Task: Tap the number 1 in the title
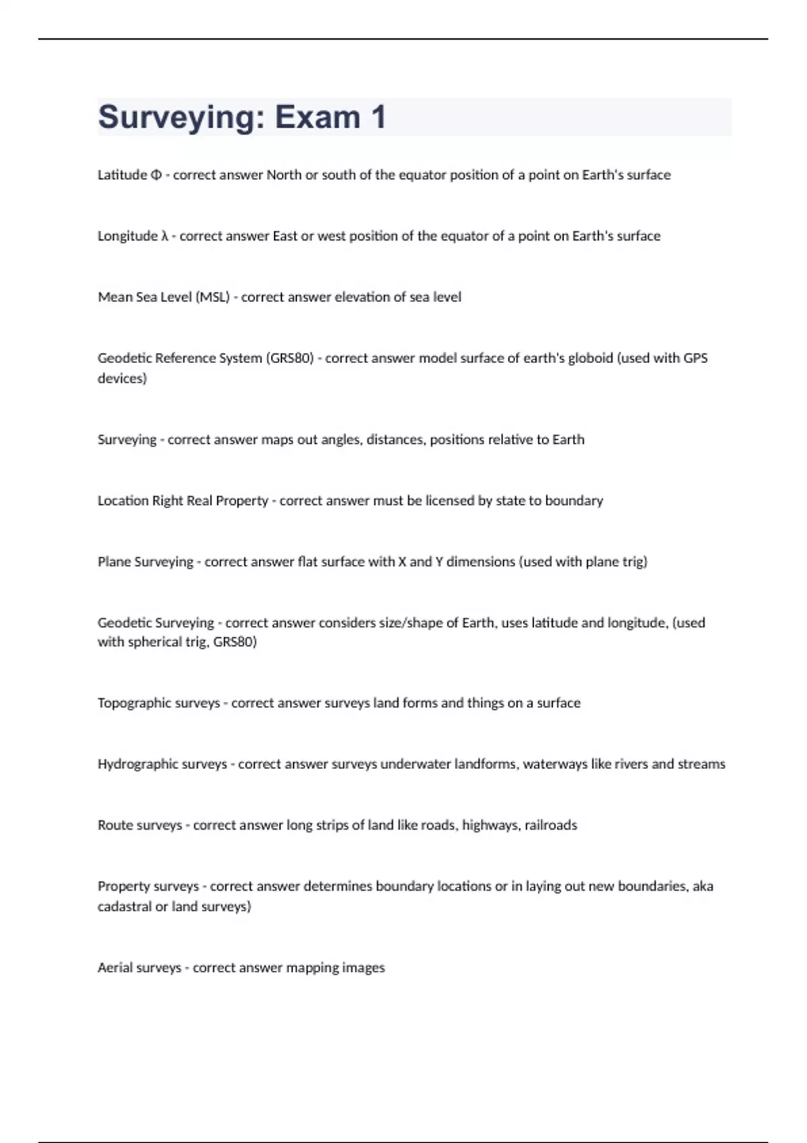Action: click(378, 117)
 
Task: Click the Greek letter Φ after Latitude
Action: click(156, 175)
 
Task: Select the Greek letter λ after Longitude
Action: click(165, 236)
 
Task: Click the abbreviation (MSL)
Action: click(213, 297)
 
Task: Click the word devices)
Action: click(122, 379)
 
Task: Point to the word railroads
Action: click(551, 826)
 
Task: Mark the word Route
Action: click(117, 826)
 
